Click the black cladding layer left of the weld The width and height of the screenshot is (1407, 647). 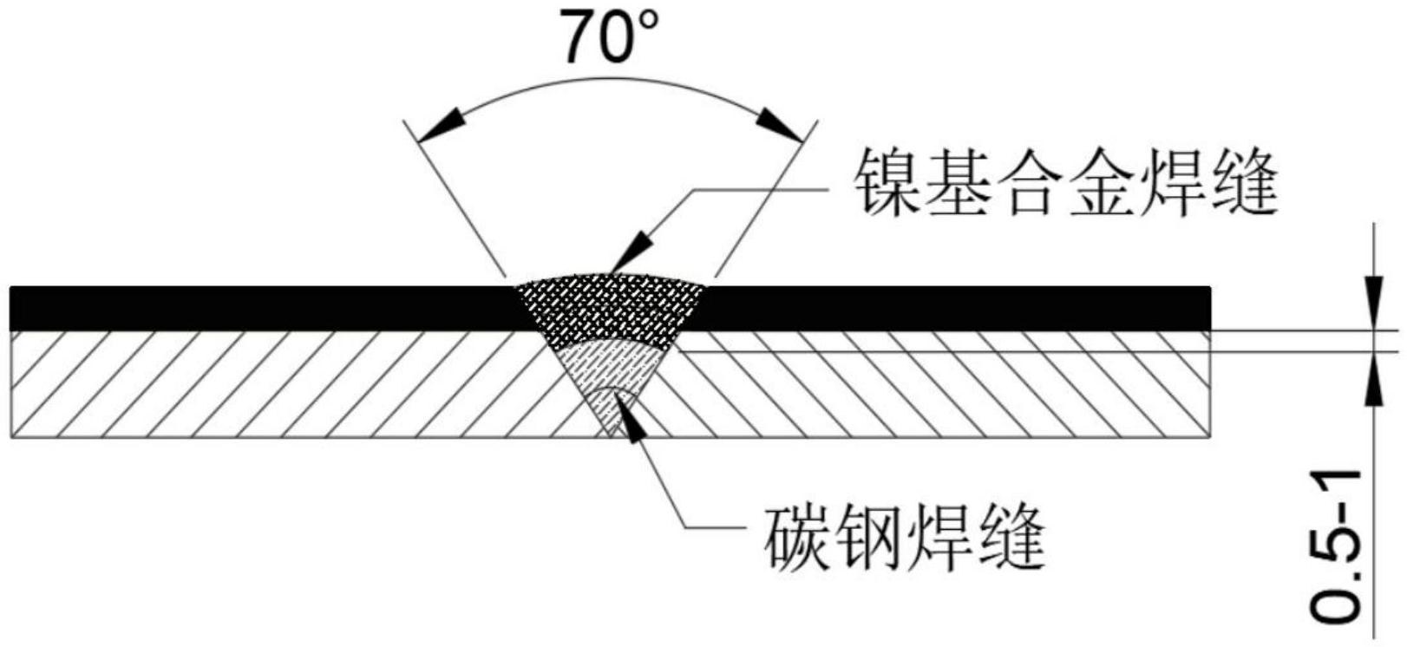click(x=260, y=308)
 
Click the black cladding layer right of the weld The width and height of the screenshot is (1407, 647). click(x=954, y=308)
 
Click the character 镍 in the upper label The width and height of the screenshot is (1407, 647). click(x=885, y=182)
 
